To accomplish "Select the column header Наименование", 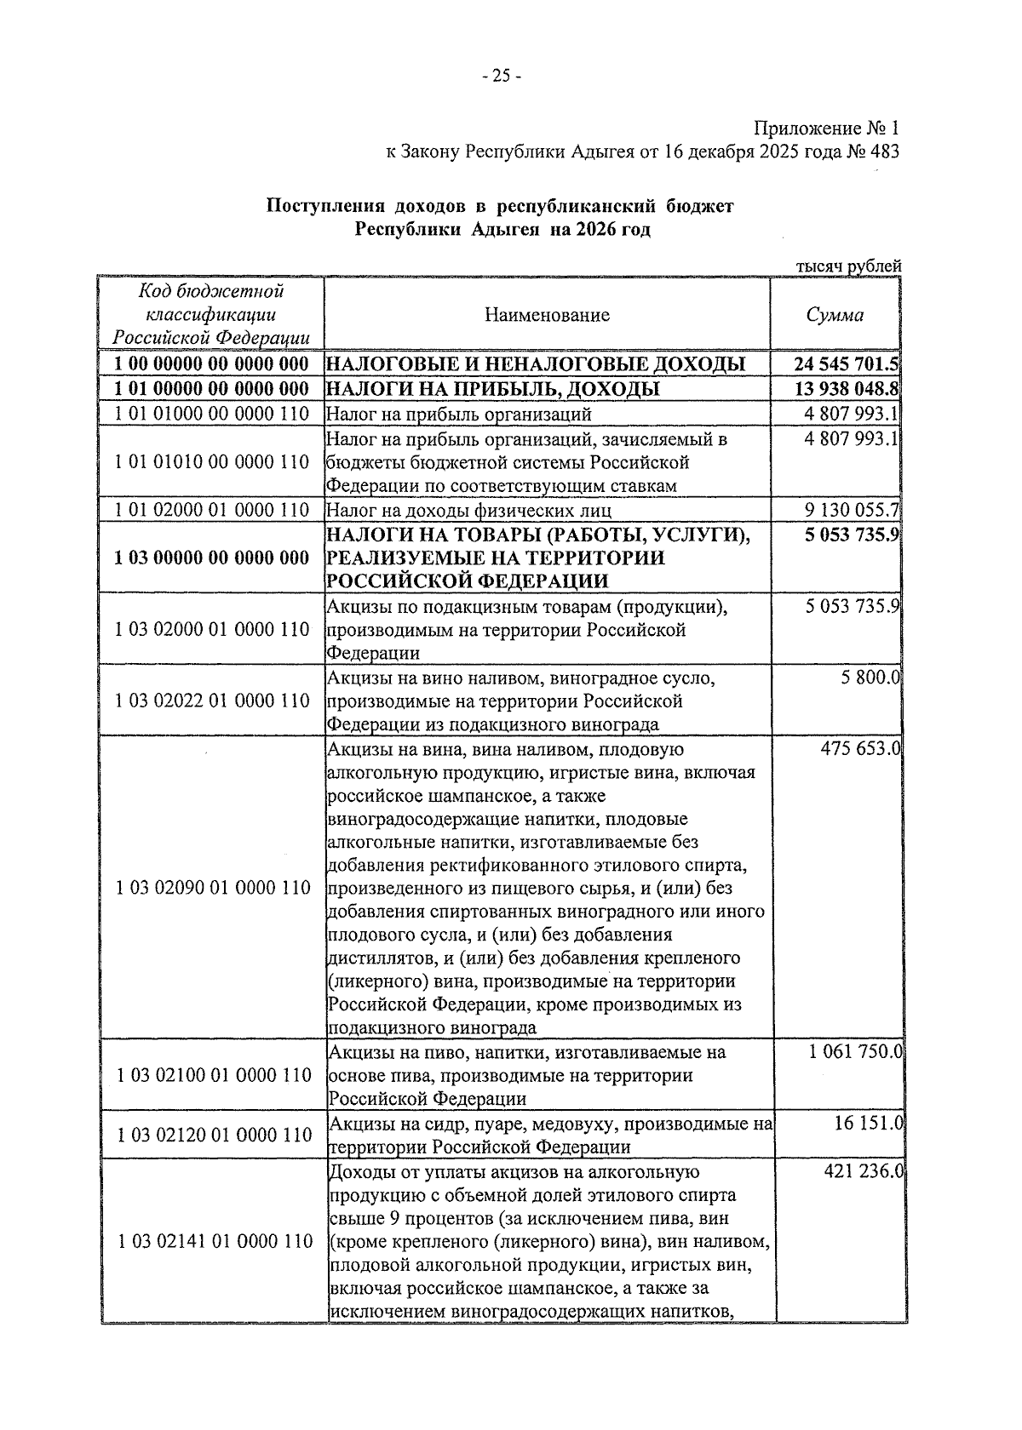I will point(548,315).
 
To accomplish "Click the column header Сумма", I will point(835,315).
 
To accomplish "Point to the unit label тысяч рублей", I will point(847,266).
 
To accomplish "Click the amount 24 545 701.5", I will point(846,365).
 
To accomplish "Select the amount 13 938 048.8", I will point(846,390).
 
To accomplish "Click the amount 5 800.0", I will point(869,678).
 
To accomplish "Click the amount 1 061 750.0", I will point(854,1052).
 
